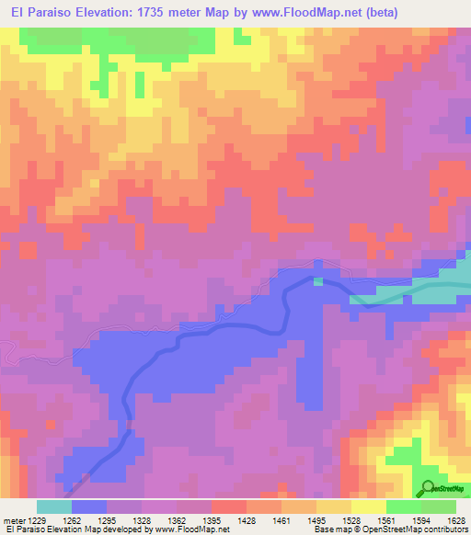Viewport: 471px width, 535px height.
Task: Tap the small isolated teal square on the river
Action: click(318, 281)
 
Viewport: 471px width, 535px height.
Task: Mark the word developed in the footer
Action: click(126, 529)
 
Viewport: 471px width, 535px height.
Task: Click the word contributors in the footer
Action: click(442, 529)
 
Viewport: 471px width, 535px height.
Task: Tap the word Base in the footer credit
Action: click(323, 529)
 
